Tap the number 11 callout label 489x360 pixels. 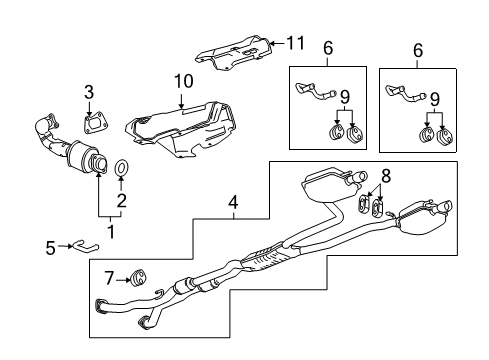tap(293, 42)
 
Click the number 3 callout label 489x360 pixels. tap(89, 93)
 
